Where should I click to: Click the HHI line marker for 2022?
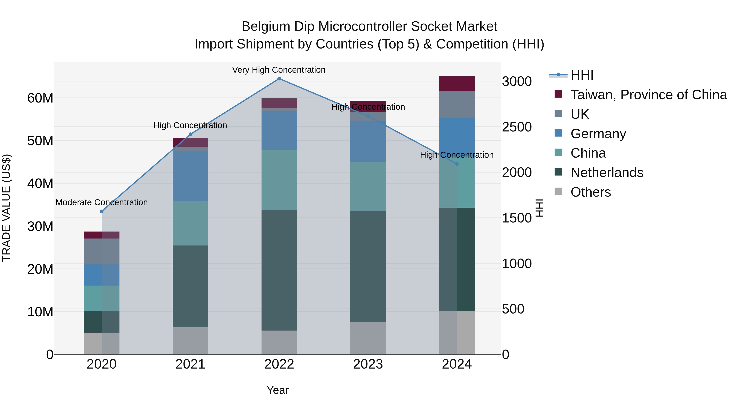(x=279, y=79)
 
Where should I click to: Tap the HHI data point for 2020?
(x=102, y=211)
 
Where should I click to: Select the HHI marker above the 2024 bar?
(x=457, y=164)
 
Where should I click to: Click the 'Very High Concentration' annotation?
(x=279, y=70)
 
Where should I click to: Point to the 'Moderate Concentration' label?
(x=102, y=202)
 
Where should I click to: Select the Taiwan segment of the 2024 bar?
(x=457, y=84)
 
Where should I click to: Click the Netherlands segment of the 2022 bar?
(x=279, y=270)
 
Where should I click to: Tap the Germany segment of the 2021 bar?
(x=190, y=176)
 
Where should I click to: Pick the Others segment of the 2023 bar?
(x=368, y=338)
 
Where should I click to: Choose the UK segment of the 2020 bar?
(x=102, y=251)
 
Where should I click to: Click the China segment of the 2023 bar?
(x=368, y=186)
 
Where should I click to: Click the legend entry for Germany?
(x=598, y=134)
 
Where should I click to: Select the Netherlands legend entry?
(x=607, y=173)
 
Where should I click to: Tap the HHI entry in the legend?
(x=582, y=75)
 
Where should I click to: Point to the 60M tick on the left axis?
(x=40, y=98)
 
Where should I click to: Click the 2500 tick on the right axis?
(x=517, y=127)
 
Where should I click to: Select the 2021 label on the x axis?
(x=190, y=364)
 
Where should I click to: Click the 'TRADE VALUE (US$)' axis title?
(x=6, y=208)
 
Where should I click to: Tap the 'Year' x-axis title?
(x=277, y=390)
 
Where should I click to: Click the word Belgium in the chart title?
(x=266, y=27)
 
